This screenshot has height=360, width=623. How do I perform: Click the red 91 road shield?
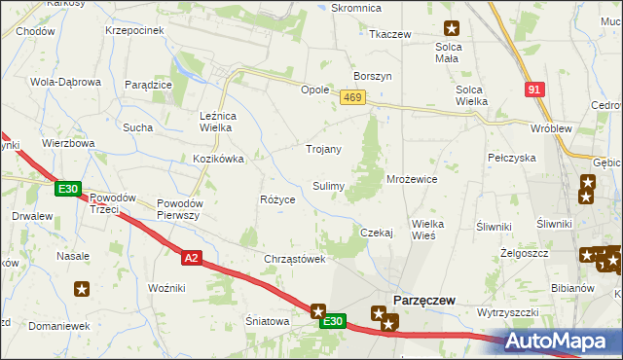pyautogui.click(x=532, y=89)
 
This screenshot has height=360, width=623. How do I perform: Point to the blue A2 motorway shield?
pyautogui.click(x=191, y=257)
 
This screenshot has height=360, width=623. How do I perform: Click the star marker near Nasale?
pyautogui.click(x=82, y=288)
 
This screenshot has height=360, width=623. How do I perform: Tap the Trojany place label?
pyautogui.click(x=323, y=150)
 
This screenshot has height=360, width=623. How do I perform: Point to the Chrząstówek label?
pyautogui.click(x=294, y=259)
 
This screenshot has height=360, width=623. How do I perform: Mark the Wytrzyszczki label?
pyautogui.click(x=507, y=312)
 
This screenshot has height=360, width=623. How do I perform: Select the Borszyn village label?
pyautogui.click(x=374, y=76)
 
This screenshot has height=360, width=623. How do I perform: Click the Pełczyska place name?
pyautogui.click(x=512, y=157)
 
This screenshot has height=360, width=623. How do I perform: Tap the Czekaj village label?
pyautogui.click(x=376, y=233)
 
